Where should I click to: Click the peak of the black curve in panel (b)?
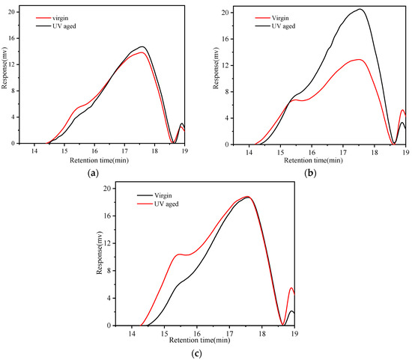361,10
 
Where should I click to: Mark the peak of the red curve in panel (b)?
360,60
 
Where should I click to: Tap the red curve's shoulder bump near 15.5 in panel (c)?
179,254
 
